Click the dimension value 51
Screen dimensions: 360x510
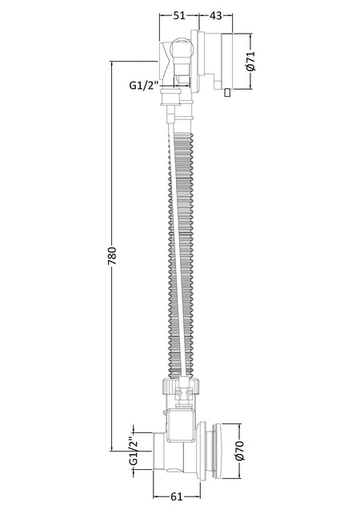click(x=179, y=15)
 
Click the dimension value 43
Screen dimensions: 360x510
click(x=215, y=15)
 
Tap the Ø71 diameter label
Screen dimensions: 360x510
click(x=251, y=61)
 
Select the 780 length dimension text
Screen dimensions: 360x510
click(x=112, y=257)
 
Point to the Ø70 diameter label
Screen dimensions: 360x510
click(x=240, y=451)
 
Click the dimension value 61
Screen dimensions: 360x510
click(x=177, y=496)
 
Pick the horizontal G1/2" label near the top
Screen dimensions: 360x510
click(x=143, y=86)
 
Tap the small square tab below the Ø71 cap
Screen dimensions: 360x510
click(x=227, y=93)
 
